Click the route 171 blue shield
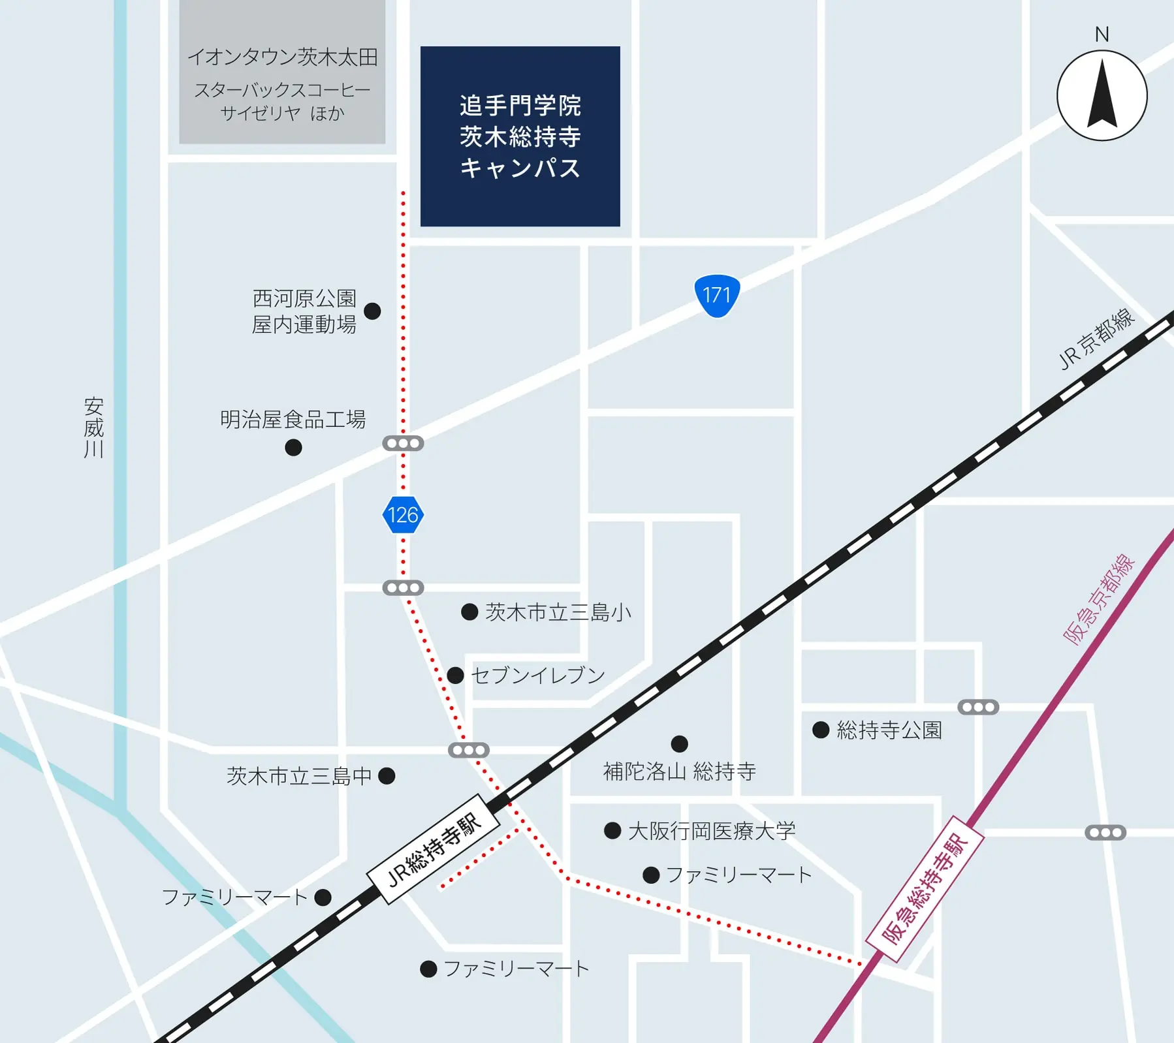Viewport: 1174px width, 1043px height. click(716, 296)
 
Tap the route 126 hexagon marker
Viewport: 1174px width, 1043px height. click(403, 515)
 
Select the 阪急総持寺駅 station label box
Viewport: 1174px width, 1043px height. click(925, 889)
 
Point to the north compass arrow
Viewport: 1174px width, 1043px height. click(1102, 95)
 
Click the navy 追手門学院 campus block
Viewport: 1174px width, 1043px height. click(520, 136)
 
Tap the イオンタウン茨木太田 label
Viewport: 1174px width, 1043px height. click(283, 57)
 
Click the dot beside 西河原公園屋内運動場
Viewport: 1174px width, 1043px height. click(372, 311)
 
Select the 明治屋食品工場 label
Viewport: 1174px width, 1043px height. click(293, 420)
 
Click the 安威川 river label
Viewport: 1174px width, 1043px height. click(94, 428)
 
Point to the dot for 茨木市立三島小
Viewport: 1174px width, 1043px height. click(469, 612)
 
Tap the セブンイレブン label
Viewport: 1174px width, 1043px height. click(538, 675)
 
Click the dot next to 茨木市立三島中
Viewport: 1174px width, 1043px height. click(387, 775)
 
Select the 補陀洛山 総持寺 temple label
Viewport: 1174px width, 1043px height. click(679, 771)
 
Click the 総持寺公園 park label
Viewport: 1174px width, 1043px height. click(889, 730)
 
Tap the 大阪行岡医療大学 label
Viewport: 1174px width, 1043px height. click(712, 831)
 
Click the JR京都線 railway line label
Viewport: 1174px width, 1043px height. click(1097, 339)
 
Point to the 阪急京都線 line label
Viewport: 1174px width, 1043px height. click(1100, 599)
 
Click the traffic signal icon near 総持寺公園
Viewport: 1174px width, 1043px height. click(977, 707)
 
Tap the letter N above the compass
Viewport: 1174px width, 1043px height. click(1102, 34)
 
